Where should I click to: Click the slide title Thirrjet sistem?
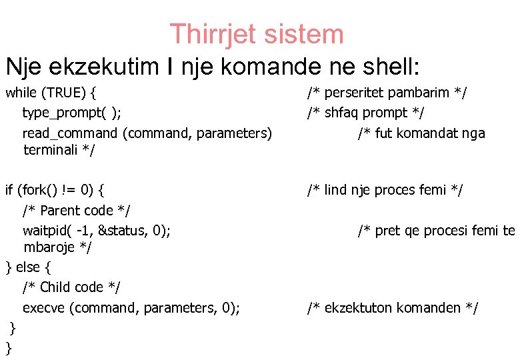click(257, 34)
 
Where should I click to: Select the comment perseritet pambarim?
click(387, 93)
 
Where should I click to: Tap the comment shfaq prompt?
click(366, 113)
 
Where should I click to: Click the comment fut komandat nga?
click(421, 133)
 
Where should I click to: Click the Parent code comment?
click(77, 211)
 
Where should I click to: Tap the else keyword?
click(28, 267)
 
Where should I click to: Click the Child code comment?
click(72, 287)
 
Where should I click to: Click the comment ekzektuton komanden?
click(393, 307)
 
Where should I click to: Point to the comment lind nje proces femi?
click(385, 190)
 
